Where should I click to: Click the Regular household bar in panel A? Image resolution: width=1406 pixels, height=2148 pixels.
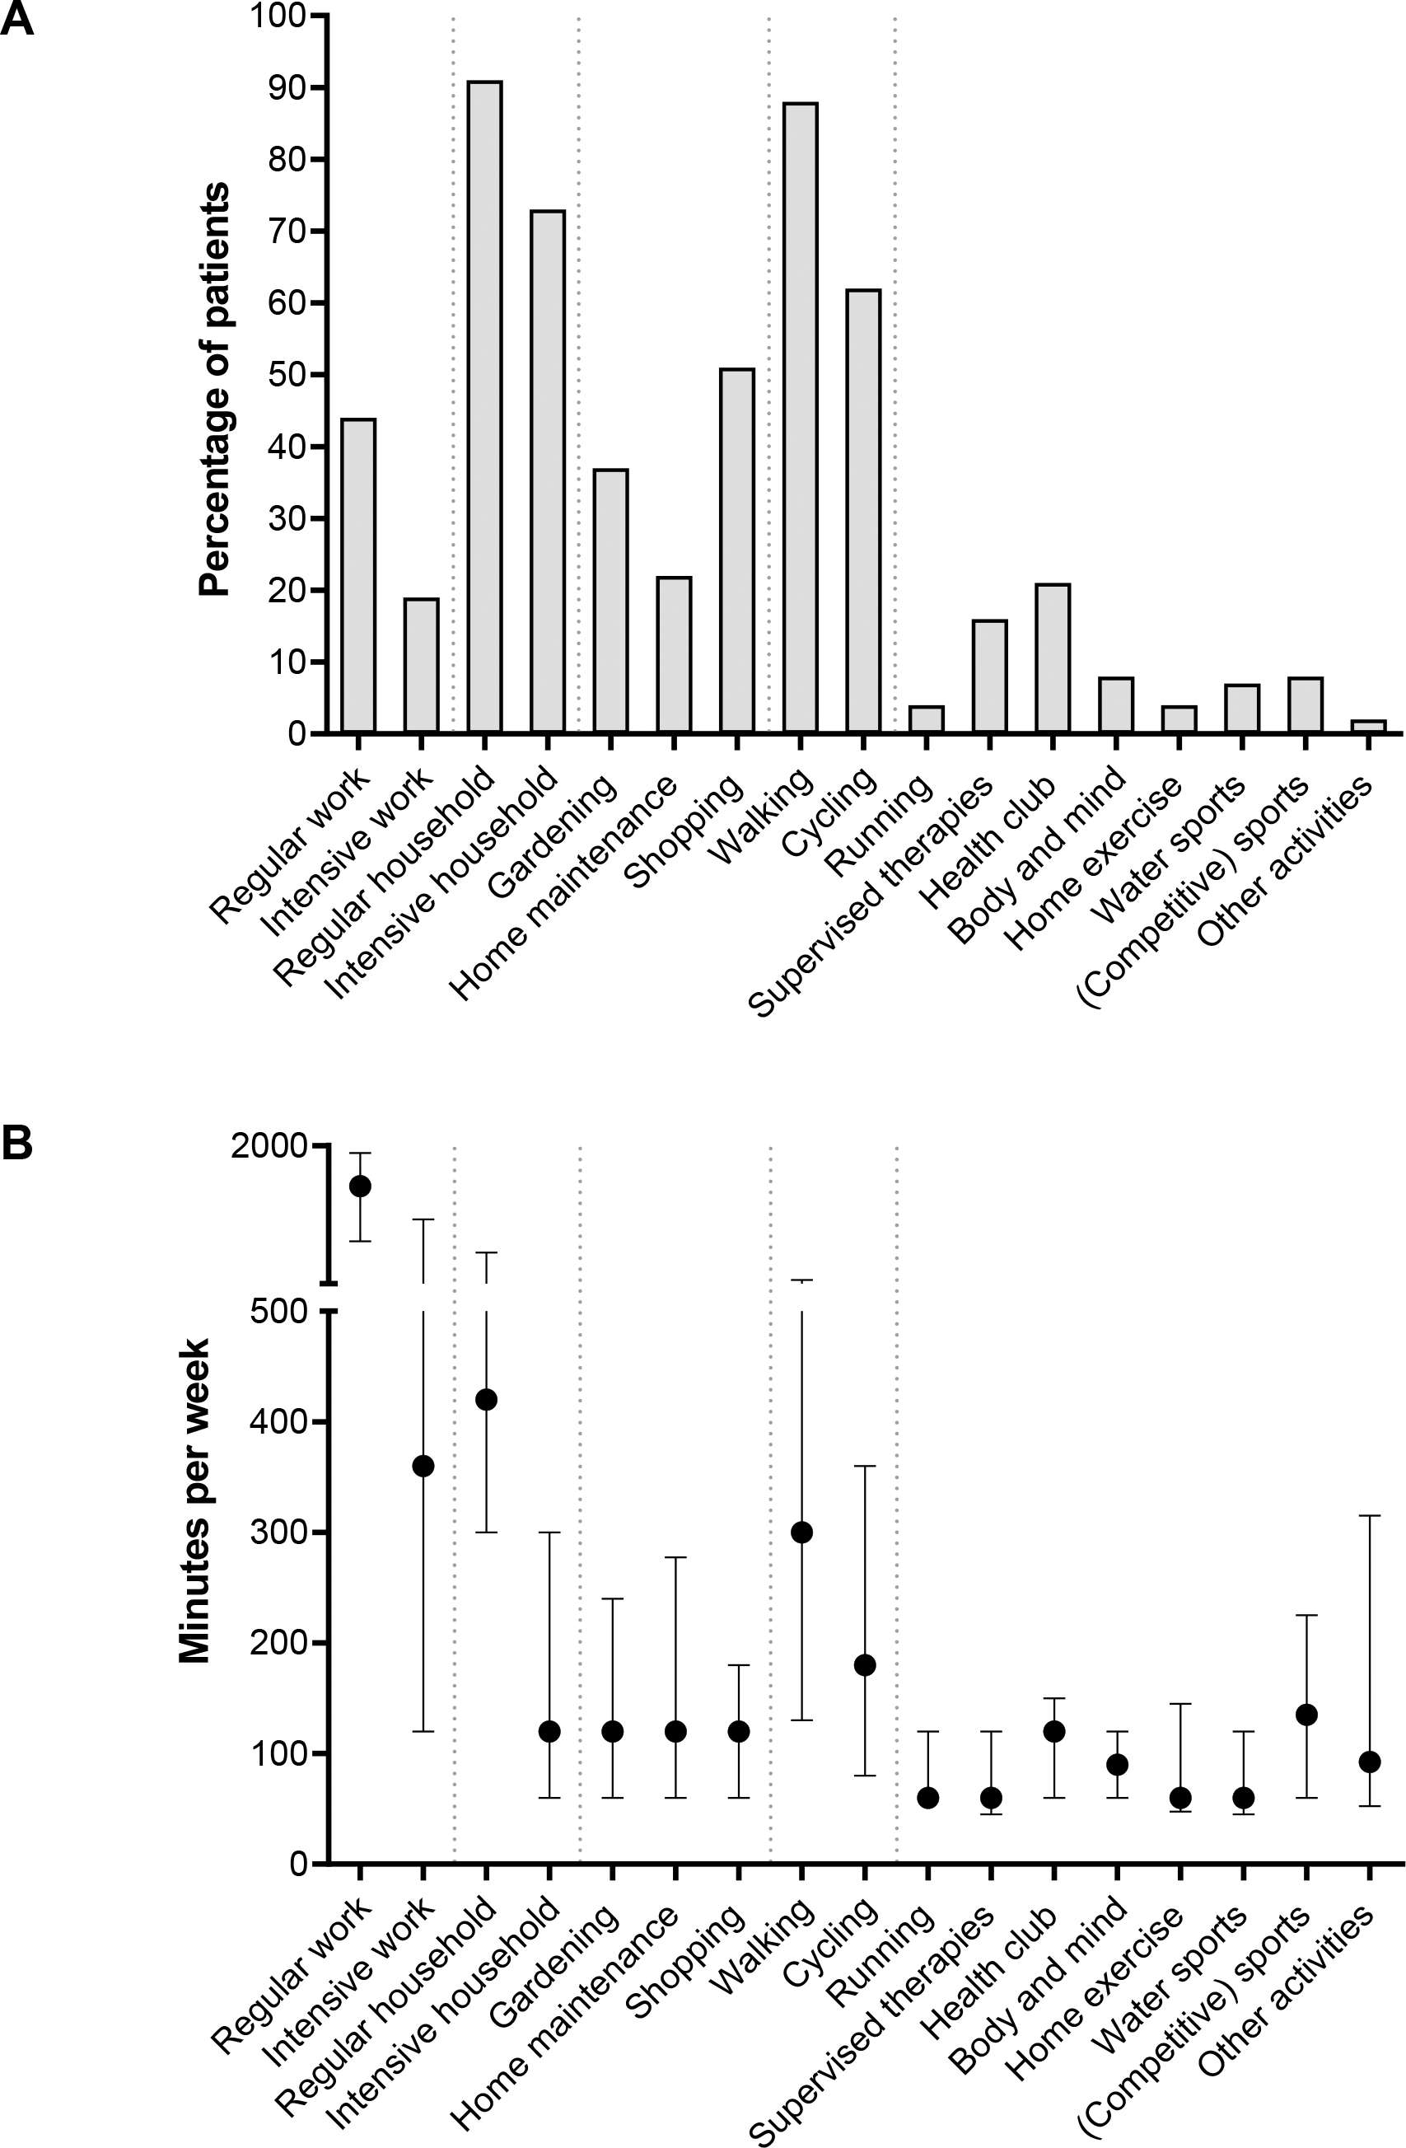(484, 407)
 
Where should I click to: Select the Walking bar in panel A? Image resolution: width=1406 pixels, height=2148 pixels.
(801, 418)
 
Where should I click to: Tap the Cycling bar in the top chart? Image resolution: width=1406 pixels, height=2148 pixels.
(864, 511)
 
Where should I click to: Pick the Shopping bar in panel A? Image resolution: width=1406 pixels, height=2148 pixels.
(737, 550)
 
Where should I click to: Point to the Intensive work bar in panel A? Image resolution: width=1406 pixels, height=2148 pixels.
(422, 665)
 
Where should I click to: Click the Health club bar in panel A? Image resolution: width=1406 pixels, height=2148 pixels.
(1053, 658)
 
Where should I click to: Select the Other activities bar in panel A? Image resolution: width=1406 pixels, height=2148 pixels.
(1369, 727)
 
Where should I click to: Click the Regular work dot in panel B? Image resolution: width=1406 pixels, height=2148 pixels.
(360, 1186)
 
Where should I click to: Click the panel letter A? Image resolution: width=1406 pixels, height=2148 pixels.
(17, 19)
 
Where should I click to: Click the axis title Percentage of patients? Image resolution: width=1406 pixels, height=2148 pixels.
(215, 389)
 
